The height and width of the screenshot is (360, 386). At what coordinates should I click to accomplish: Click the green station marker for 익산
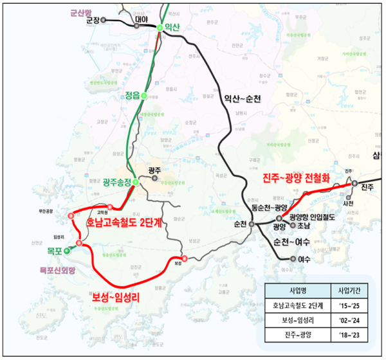pyautogui.click(x=160, y=27)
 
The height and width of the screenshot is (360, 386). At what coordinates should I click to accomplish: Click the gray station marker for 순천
pyautogui.click(x=252, y=224)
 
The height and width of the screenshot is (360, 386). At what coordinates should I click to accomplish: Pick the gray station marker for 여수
pyautogui.click(x=293, y=258)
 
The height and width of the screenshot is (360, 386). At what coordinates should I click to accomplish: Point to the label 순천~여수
pyautogui.click(x=292, y=242)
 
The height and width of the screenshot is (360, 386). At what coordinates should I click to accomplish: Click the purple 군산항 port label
pyautogui.click(x=82, y=12)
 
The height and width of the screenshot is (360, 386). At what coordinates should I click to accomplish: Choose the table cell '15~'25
pyautogui.click(x=351, y=305)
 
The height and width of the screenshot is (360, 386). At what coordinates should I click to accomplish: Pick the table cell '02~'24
pyautogui.click(x=351, y=319)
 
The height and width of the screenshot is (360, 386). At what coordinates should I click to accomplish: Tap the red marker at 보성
pyautogui.click(x=175, y=259)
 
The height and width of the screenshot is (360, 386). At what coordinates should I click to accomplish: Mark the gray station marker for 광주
pyautogui.click(x=155, y=179)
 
